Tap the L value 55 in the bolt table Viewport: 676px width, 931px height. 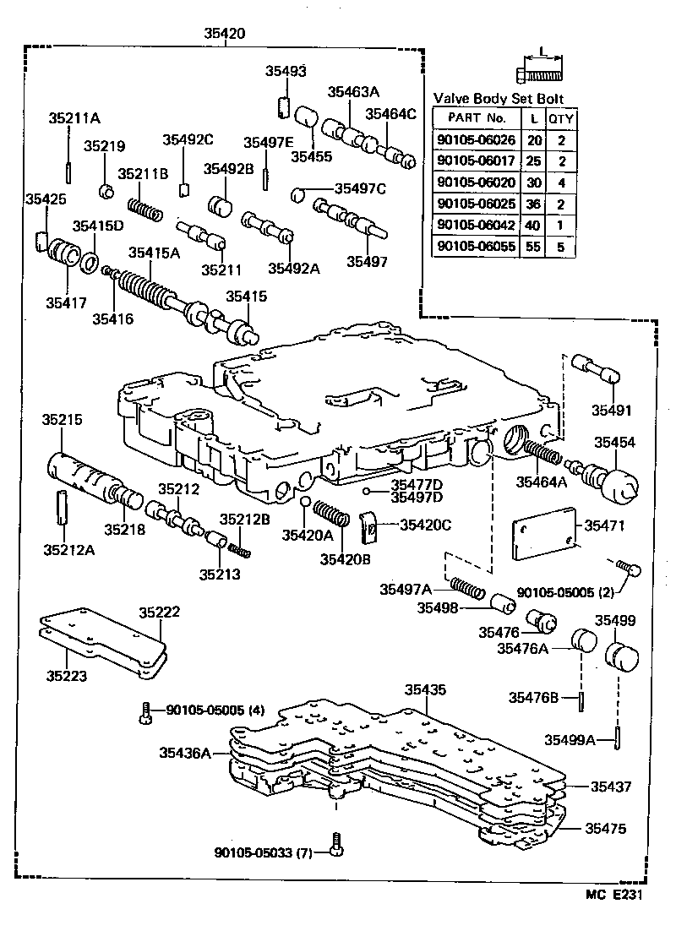534,247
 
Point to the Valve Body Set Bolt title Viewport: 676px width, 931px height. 498,99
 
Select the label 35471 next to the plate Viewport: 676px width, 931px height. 608,525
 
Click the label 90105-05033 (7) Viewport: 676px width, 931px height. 263,853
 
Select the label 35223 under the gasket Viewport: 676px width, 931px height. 67,676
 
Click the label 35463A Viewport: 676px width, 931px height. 353,93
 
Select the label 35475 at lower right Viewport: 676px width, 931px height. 608,829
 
